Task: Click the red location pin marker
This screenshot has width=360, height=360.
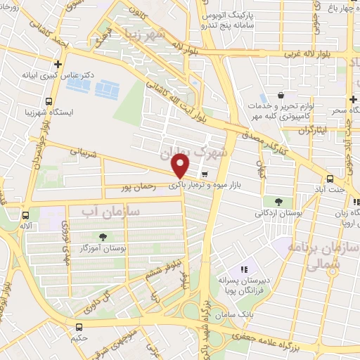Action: point(181,165)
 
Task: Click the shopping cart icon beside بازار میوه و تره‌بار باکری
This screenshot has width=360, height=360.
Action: point(204,174)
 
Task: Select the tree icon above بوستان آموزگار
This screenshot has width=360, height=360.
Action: point(103,236)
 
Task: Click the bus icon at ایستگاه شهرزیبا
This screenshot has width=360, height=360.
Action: point(47,100)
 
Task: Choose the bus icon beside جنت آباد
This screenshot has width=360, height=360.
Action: point(330,179)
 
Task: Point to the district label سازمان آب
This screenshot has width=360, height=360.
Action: point(110,210)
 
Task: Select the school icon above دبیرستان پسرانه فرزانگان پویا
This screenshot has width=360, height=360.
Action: point(244,269)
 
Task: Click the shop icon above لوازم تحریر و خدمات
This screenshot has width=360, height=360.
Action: point(281,96)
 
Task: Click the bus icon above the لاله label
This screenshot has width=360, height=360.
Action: point(25,216)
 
